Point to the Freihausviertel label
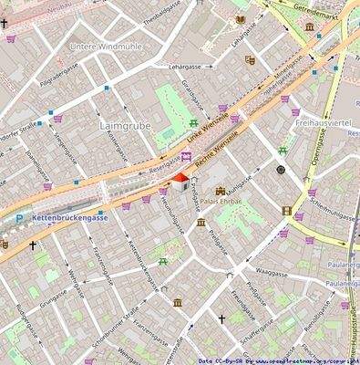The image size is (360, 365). click(324, 122)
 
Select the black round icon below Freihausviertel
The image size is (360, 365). click(281, 170)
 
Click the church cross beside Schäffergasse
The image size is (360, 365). click(221, 319)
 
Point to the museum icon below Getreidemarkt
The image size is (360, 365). click(310, 27)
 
